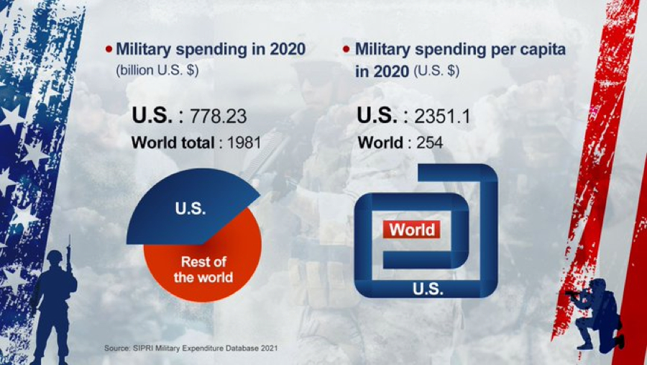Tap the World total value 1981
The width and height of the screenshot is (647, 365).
(243, 143)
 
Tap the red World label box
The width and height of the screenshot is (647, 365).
(412, 230)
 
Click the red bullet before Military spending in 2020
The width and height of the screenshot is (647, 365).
(109, 50)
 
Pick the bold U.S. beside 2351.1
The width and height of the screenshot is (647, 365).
(378, 116)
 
